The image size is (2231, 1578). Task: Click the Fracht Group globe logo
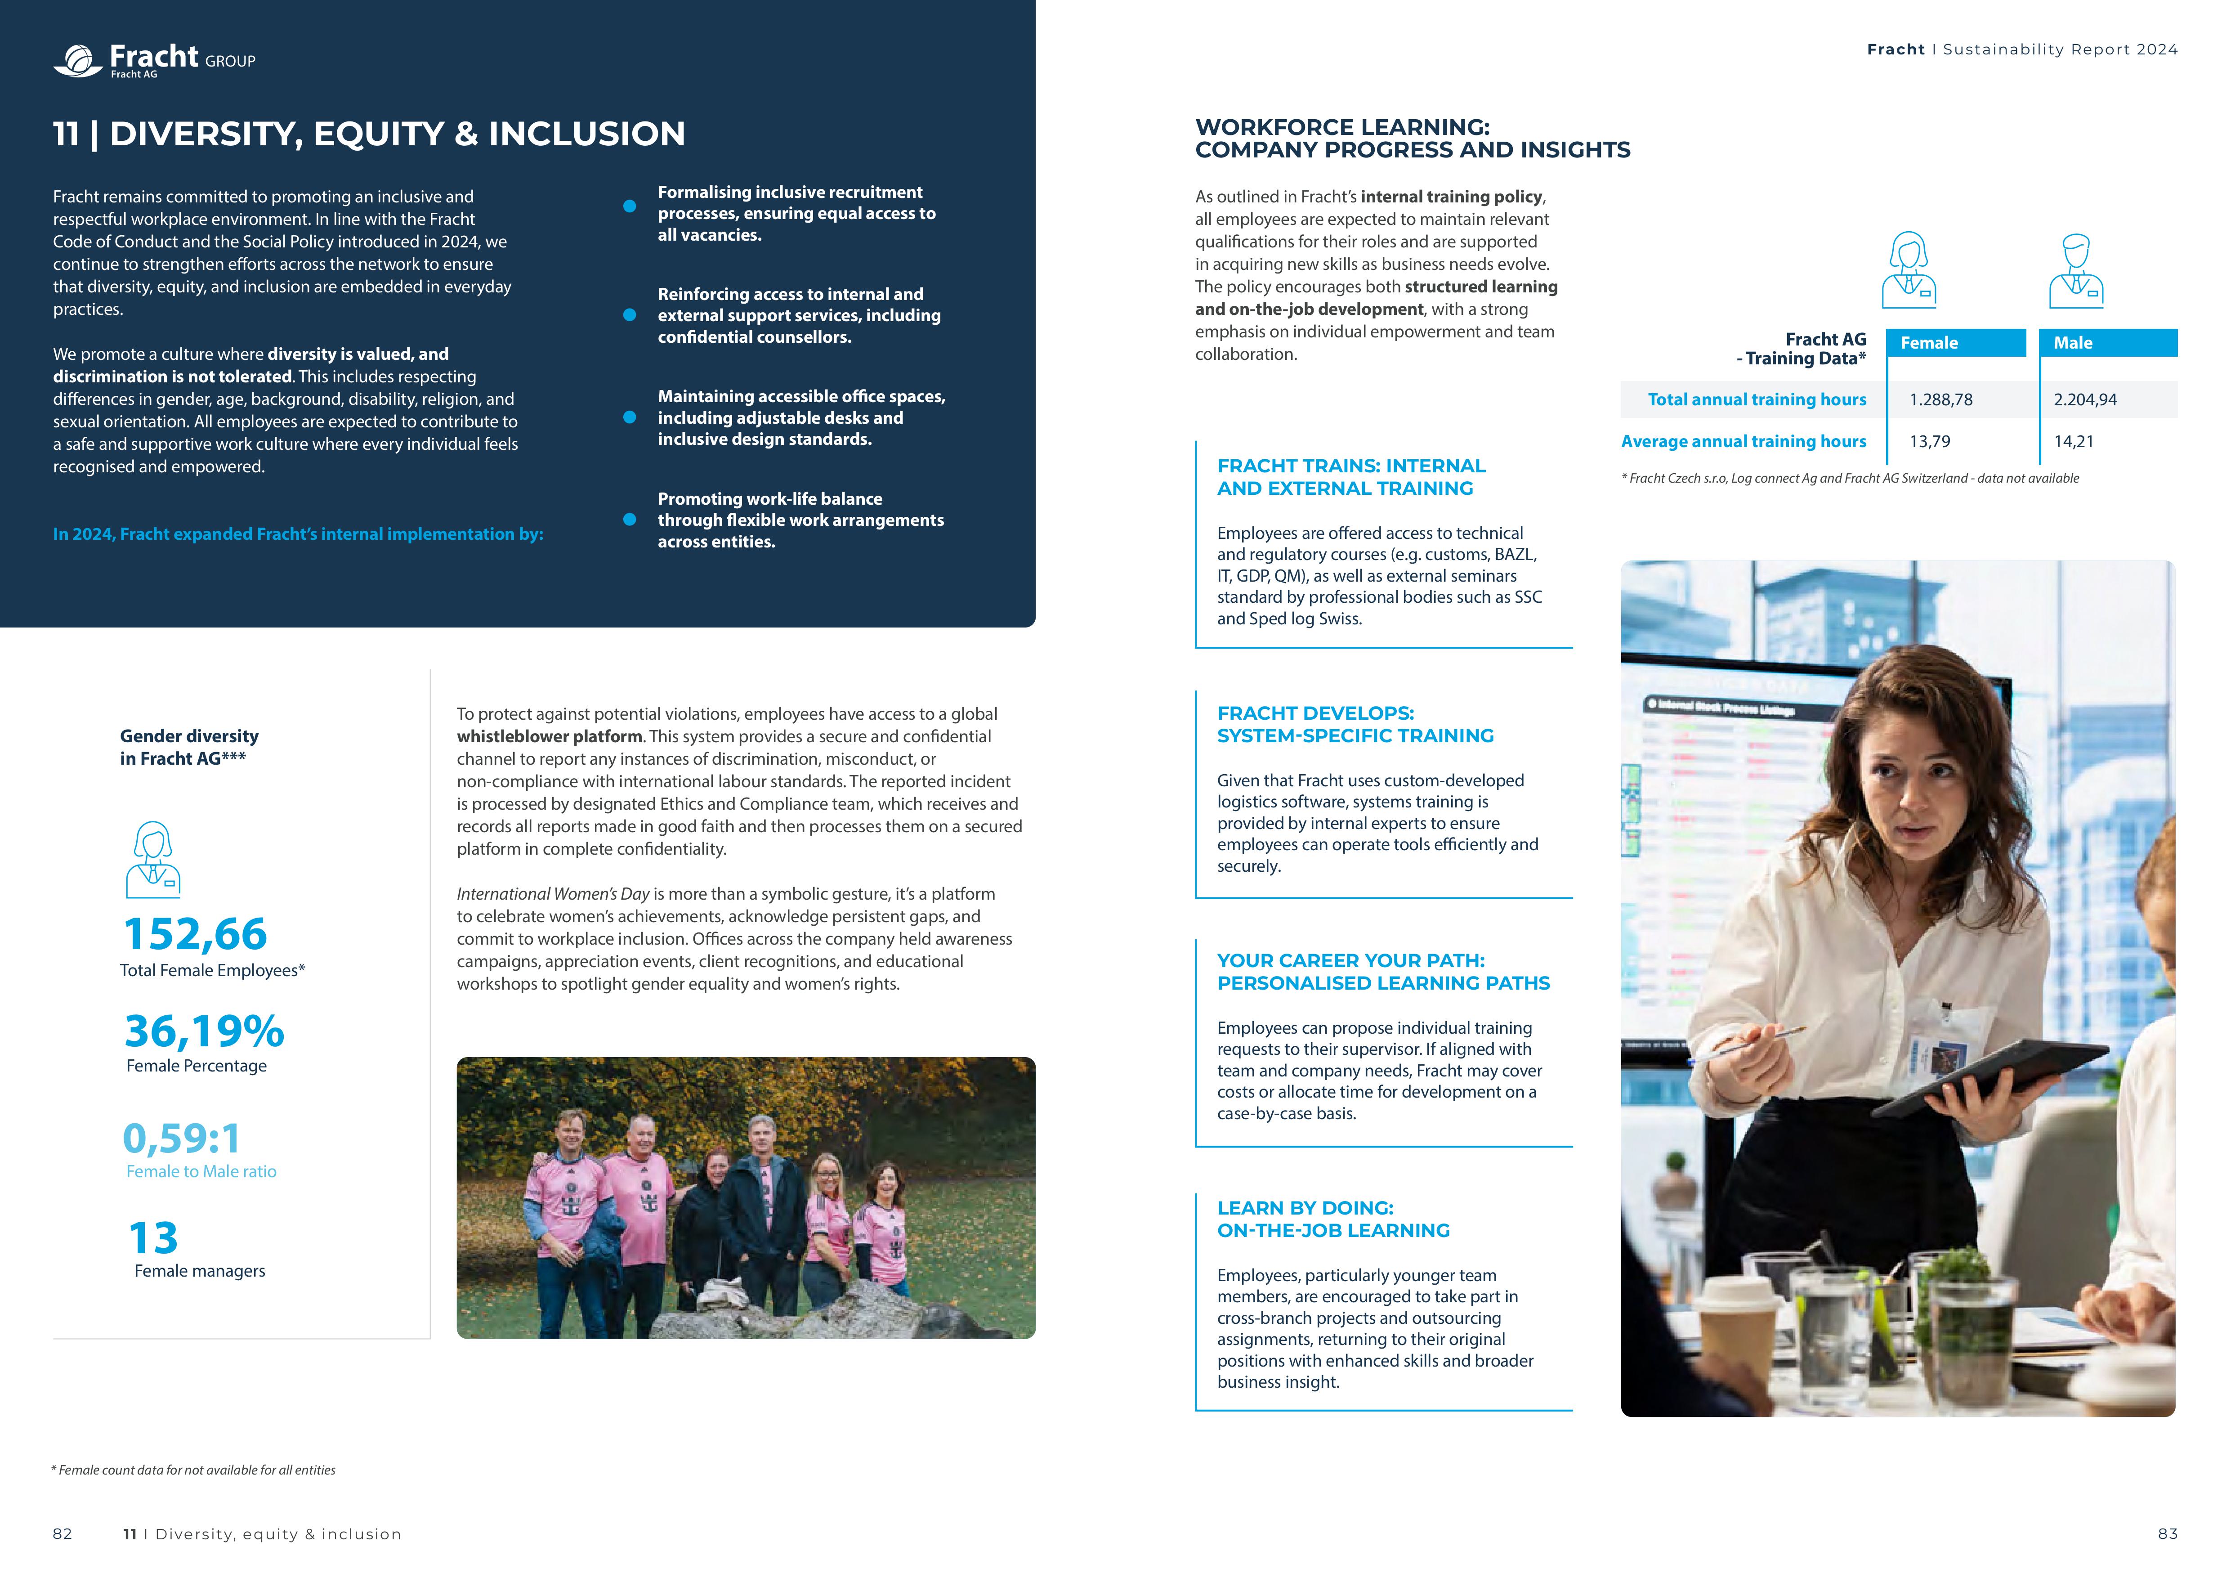pyautogui.click(x=78, y=60)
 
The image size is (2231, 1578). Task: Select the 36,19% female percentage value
pyautogui.click(x=204, y=1031)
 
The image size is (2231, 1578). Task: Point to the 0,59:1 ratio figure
pyautogui.click(x=182, y=1138)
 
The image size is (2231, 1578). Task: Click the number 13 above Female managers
pyautogui.click(x=153, y=1238)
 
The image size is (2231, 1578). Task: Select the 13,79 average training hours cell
pyautogui.click(x=1930, y=441)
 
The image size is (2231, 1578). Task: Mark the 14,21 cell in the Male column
pyautogui.click(x=2074, y=441)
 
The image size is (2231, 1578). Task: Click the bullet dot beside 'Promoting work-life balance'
pyautogui.click(x=630, y=520)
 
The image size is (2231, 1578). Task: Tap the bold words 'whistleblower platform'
pyautogui.click(x=550, y=736)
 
